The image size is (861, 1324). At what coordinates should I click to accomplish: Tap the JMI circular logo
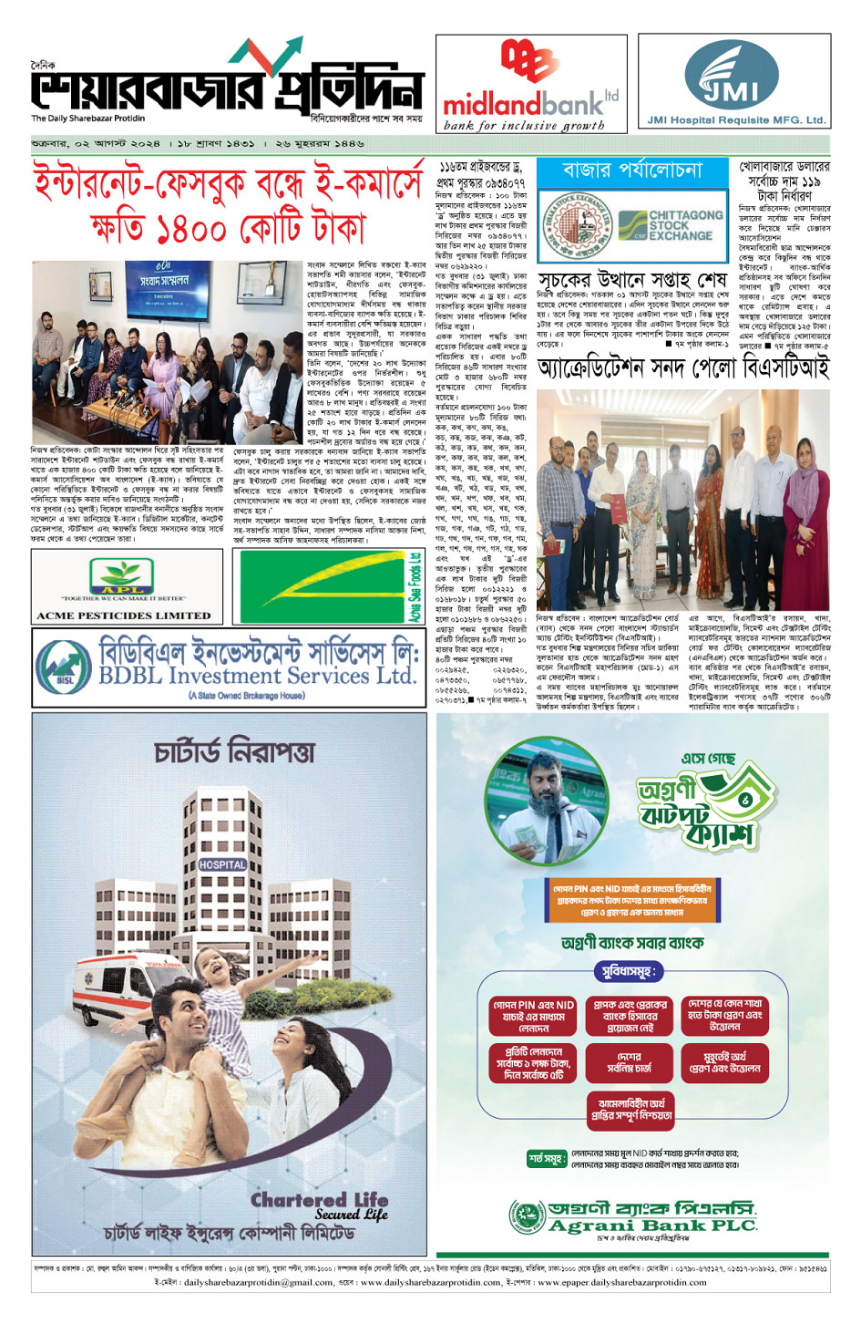point(733,77)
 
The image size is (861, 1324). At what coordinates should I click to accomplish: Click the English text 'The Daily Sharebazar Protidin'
point(88,119)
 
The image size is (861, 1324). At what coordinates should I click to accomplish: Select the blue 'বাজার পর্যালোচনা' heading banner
point(633,171)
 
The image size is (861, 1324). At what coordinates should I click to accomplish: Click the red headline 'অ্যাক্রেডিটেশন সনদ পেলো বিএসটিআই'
point(683,367)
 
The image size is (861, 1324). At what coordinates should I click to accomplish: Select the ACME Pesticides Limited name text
point(124,615)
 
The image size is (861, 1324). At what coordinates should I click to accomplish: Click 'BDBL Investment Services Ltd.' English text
point(257,676)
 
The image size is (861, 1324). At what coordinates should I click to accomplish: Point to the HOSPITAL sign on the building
point(222,864)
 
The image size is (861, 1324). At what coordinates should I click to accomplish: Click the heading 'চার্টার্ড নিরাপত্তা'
point(234,752)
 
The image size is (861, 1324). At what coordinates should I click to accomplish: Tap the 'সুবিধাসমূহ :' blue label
point(626,971)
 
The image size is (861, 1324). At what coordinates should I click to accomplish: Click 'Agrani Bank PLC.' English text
point(652,1226)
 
